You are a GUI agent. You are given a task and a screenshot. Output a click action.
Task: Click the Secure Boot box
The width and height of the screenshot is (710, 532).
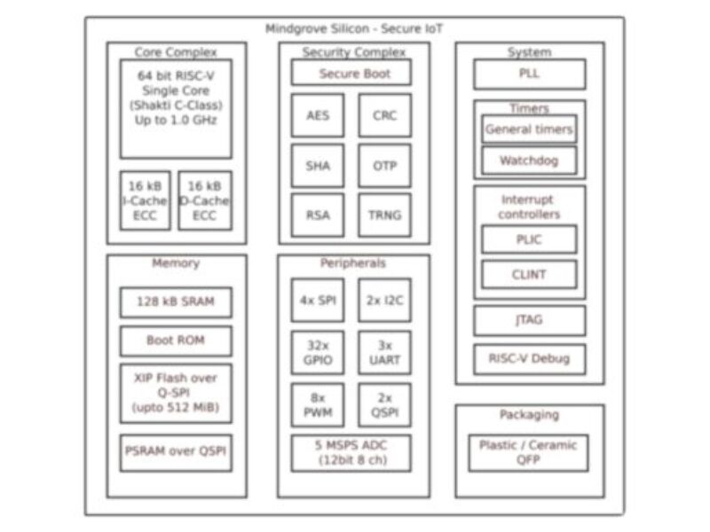pos(352,74)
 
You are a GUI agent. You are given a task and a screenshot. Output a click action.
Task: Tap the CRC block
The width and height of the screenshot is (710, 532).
pos(384,116)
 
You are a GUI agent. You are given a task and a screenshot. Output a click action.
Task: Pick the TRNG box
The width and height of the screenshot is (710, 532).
pos(384,215)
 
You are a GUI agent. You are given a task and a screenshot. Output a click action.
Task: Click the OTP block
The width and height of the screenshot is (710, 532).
pos(384,166)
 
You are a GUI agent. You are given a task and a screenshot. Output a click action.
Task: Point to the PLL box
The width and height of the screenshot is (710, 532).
pos(529,74)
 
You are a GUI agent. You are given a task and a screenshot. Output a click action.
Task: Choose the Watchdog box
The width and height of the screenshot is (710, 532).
pos(529,160)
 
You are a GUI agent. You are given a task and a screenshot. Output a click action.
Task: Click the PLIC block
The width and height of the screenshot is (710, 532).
pos(529,239)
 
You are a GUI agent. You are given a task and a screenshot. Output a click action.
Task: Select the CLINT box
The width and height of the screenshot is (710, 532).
pos(529,274)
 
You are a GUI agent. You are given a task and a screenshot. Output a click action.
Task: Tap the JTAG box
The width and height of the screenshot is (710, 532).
pos(529,320)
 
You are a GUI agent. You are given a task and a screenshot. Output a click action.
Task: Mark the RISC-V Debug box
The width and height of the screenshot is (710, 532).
pos(529,359)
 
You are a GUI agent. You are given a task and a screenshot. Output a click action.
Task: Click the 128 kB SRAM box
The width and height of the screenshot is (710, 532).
pos(176,302)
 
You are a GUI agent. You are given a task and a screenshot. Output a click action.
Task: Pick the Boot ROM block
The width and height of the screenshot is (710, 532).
pos(176,340)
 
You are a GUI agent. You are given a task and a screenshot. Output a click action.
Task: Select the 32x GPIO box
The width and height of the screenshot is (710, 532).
pos(318,352)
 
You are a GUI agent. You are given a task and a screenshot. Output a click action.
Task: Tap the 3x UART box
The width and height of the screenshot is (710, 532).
pos(384,352)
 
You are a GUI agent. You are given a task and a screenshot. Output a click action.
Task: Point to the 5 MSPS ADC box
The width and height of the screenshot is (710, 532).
pos(351,453)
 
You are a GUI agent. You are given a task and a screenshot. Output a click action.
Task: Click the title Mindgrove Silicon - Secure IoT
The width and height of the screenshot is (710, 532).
pos(355,28)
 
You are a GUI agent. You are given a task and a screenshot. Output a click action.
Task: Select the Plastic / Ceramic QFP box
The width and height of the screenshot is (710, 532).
pos(529,452)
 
